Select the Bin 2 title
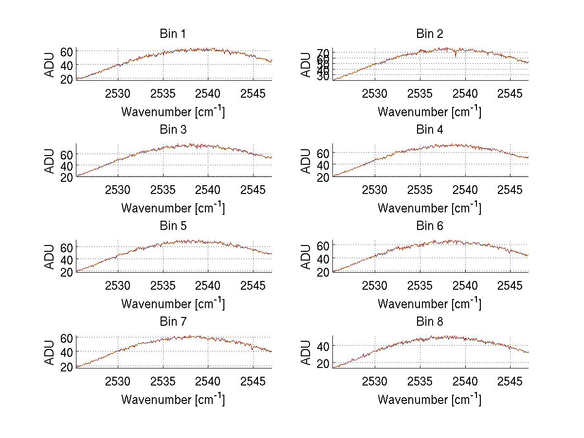click(429, 34)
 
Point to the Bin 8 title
click(429, 322)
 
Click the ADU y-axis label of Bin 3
click(50, 161)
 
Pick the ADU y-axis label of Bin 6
click(307, 257)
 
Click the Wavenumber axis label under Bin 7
click(173, 399)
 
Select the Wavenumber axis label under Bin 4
click(429, 208)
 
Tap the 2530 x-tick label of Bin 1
click(118, 94)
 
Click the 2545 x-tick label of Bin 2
click(510, 94)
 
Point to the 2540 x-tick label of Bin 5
click(208, 285)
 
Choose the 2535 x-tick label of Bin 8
click(420, 381)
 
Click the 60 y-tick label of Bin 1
click(67, 52)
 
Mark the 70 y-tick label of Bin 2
click(324, 53)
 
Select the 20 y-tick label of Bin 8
click(324, 364)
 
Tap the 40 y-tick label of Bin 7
click(67, 351)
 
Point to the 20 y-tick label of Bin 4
click(324, 177)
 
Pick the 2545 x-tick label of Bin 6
click(510, 285)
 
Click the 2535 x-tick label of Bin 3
click(163, 190)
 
